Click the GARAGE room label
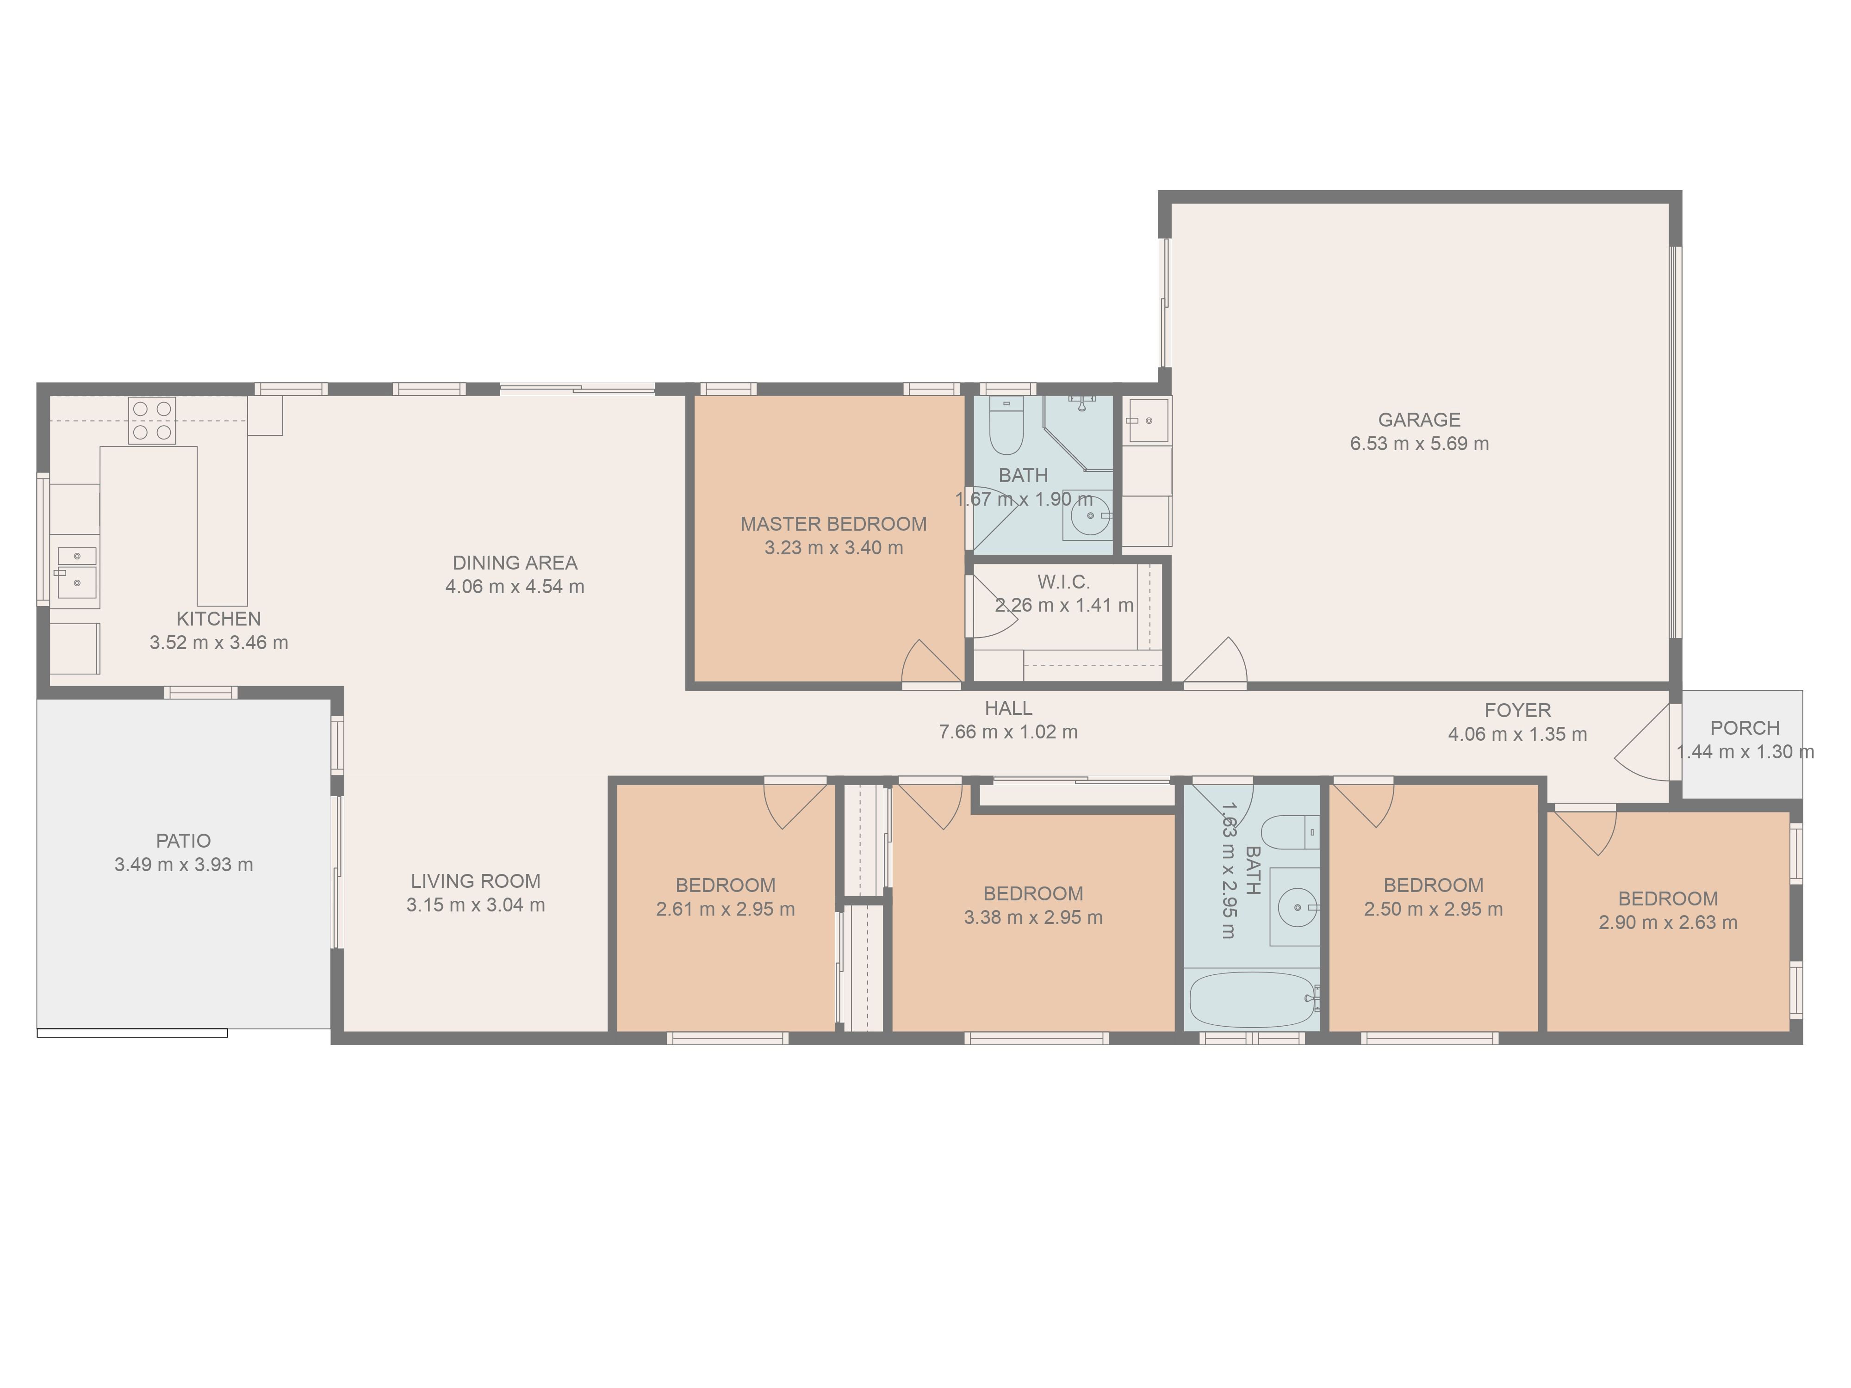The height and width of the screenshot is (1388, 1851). [1419, 420]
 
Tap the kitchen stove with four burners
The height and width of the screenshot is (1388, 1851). [151, 420]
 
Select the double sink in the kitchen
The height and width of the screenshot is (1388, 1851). [77, 569]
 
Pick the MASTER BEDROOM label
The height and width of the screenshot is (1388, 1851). [833, 525]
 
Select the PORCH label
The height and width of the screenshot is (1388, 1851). [1745, 728]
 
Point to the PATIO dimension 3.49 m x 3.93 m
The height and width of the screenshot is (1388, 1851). [184, 864]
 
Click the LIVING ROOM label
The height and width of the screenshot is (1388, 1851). [475, 881]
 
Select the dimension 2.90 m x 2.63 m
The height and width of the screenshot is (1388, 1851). [1668, 923]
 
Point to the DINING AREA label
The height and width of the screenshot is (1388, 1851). [515, 563]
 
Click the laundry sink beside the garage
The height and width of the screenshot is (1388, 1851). [1146, 419]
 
